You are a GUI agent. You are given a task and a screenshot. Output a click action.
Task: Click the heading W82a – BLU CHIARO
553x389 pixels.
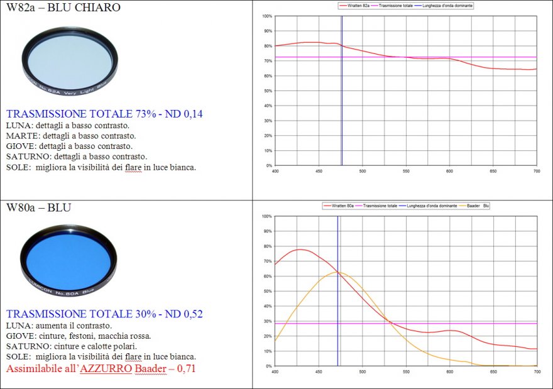[63, 8]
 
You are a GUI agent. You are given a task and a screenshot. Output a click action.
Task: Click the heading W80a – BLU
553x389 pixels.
[38, 207]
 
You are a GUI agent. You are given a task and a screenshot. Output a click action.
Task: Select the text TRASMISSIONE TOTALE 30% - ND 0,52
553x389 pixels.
[104, 314]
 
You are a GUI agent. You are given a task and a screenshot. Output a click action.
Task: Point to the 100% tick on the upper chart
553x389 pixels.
[267, 16]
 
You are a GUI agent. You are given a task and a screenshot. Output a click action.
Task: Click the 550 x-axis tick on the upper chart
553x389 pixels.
[406, 170]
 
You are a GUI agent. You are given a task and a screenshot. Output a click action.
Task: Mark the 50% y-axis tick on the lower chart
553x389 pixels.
[267, 291]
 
